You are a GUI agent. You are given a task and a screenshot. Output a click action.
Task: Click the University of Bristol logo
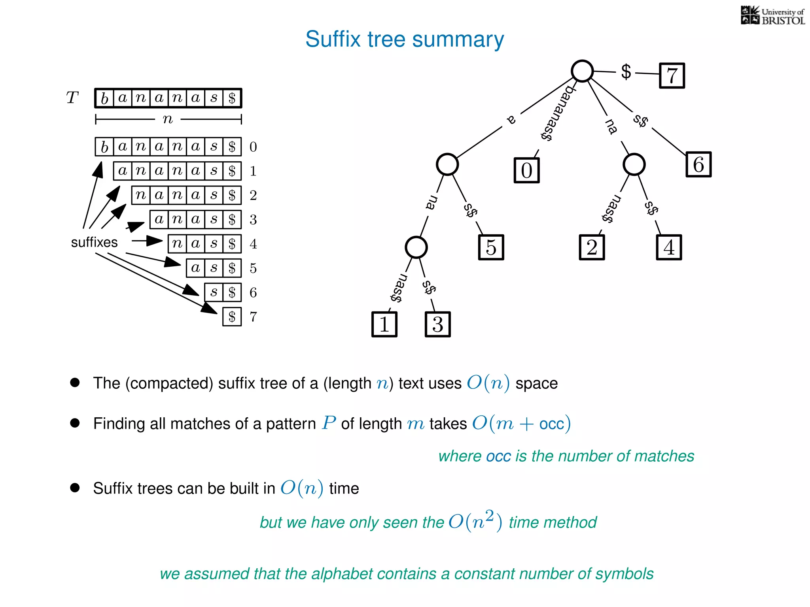click(772, 16)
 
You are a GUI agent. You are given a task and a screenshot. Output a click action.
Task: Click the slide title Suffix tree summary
click(405, 40)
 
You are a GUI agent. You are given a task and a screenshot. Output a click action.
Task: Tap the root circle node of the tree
click(582, 71)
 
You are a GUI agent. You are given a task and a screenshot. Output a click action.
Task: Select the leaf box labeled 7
click(672, 75)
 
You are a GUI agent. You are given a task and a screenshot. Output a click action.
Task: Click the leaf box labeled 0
click(526, 170)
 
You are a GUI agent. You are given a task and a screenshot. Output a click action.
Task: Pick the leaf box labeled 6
click(698, 164)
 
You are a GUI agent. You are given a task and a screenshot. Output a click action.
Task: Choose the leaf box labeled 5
click(491, 247)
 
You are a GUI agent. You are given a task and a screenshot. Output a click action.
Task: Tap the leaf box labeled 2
click(592, 247)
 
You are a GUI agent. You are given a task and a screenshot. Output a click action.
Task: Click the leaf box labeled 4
click(669, 247)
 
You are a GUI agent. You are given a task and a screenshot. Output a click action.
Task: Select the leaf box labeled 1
click(384, 324)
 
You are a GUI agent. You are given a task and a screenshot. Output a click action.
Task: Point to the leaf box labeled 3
click(437, 324)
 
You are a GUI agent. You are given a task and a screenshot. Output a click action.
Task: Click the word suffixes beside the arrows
click(94, 242)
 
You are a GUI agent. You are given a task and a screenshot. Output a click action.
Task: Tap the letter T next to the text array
click(72, 98)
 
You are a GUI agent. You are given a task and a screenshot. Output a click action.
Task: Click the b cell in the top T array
click(104, 98)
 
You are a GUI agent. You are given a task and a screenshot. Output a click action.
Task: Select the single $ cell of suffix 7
click(232, 317)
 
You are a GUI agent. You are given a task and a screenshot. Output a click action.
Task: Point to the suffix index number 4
click(253, 244)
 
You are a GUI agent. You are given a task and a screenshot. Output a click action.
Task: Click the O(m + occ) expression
click(521, 424)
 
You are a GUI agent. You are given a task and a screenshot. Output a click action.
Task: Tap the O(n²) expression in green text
click(475, 521)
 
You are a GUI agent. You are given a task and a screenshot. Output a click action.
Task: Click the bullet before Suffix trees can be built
click(75, 488)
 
